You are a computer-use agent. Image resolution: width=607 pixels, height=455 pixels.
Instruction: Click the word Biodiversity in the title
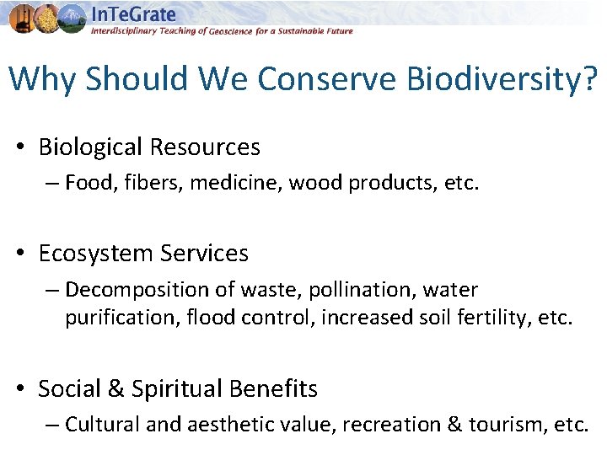[x=502, y=79]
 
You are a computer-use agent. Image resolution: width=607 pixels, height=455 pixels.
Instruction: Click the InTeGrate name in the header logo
[x=133, y=14]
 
